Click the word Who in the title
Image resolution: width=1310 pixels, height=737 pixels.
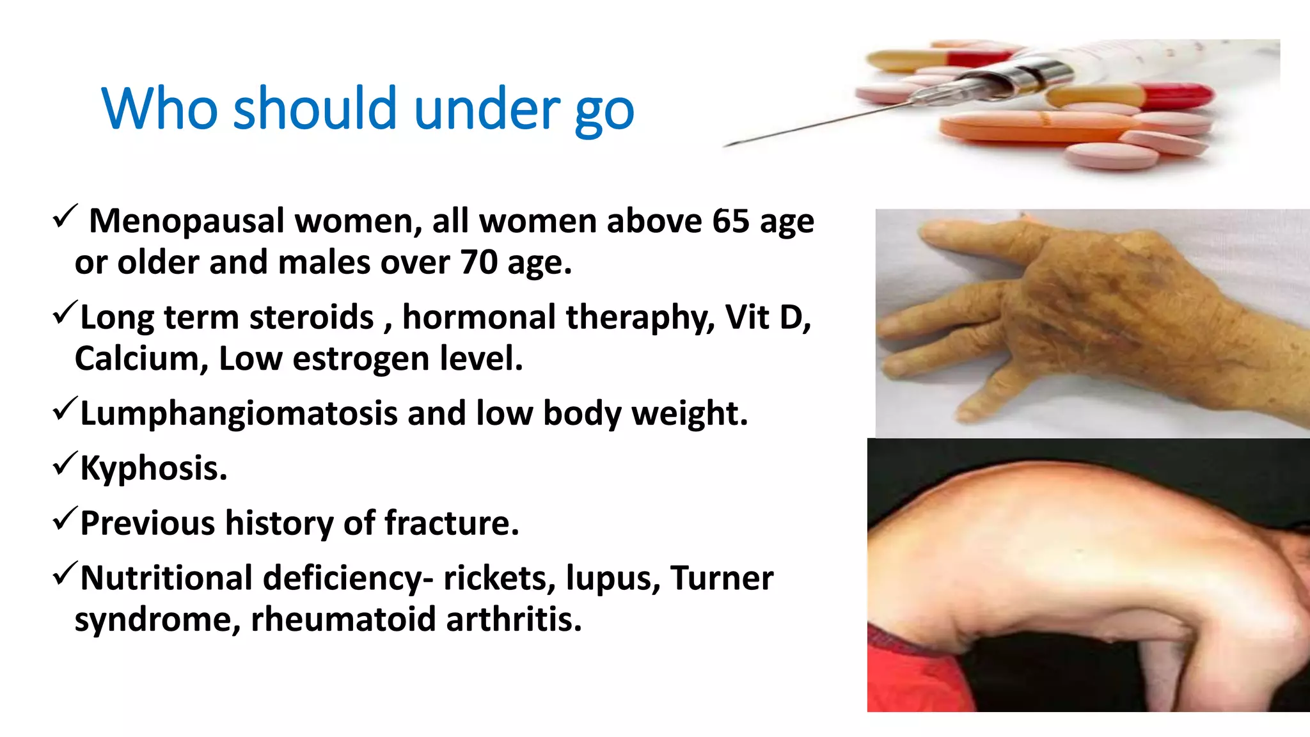coord(159,109)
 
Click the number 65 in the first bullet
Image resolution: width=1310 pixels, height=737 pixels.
coord(730,221)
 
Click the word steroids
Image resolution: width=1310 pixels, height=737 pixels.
coord(312,317)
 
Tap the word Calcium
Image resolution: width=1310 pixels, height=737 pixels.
coord(141,358)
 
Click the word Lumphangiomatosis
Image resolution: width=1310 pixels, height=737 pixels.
coord(238,413)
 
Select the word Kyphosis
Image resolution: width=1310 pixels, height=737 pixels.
coord(154,468)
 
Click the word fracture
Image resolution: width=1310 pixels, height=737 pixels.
coord(452,523)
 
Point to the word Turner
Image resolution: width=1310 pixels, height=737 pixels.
coord(722,578)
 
